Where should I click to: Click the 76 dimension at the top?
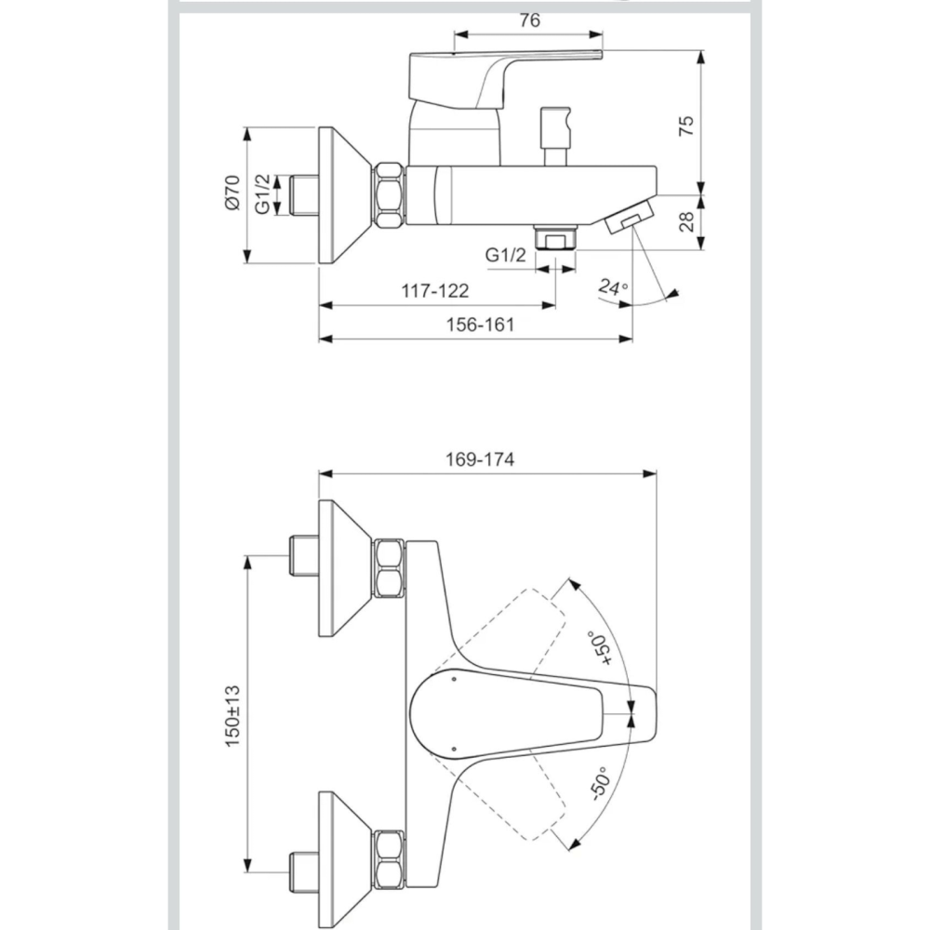tap(530, 20)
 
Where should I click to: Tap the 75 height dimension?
tap(685, 126)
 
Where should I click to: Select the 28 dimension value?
tap(685, 222)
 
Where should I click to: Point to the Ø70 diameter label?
tap(232, 193)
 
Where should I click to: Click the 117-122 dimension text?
tap(434, 290)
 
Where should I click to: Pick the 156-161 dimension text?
tap(480, 325)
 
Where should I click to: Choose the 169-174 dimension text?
tap(480, 459)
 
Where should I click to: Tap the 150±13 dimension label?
tap(232, 716)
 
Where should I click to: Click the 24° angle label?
tap(613, 287)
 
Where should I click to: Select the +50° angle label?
tap(600, 648)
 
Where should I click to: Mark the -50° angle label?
tap(600, 784)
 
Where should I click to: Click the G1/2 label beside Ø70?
tap(262, 193)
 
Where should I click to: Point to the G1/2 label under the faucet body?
tap(505, 255)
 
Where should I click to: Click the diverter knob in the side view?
tap(555, 136)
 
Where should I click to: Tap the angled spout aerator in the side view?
tap(630, 216)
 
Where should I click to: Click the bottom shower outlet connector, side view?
tap(555, 237)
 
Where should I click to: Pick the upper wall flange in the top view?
tap(346, 568)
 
